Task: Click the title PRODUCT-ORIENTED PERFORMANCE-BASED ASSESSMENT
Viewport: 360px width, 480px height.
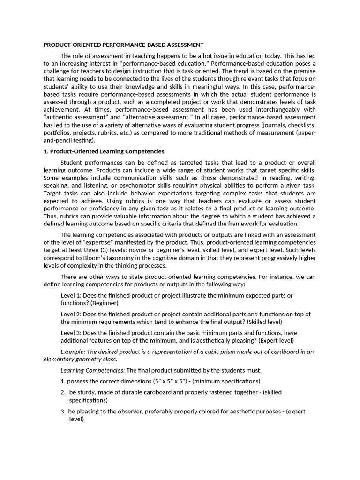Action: click(123, 45)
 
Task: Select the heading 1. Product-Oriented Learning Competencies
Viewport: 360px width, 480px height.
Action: click(104, 151)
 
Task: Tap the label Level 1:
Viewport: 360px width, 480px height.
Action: click(71, 295)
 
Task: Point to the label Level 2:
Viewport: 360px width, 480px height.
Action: click(71, 314)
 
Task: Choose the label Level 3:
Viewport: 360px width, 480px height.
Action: click(71, 333)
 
